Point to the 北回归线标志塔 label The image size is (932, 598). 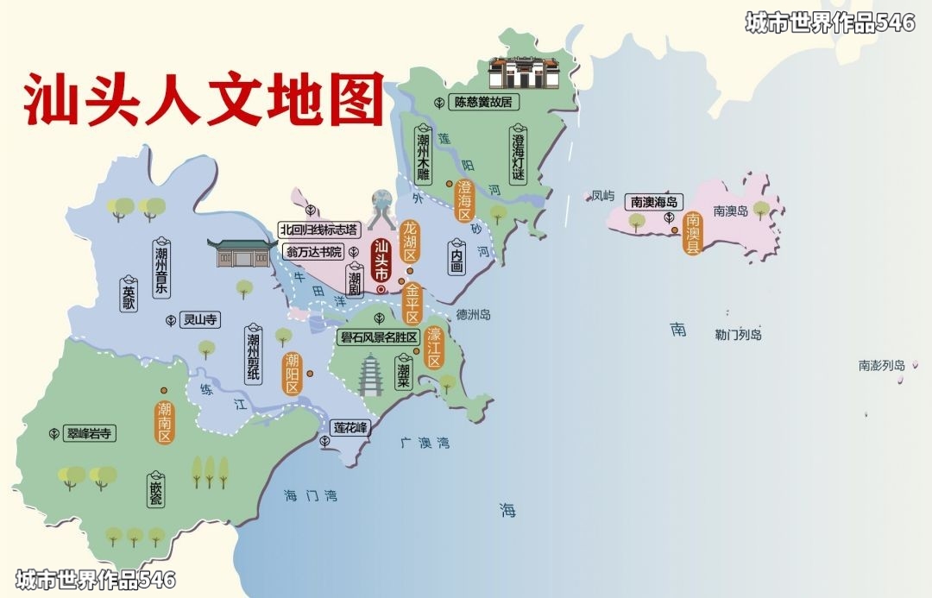pos(318,230)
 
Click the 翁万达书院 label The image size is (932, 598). pos(314,252)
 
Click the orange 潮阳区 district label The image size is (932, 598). pos(293,373)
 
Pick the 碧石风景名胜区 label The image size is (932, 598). pos(379,337)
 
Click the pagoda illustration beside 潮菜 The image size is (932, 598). pos(371,375)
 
